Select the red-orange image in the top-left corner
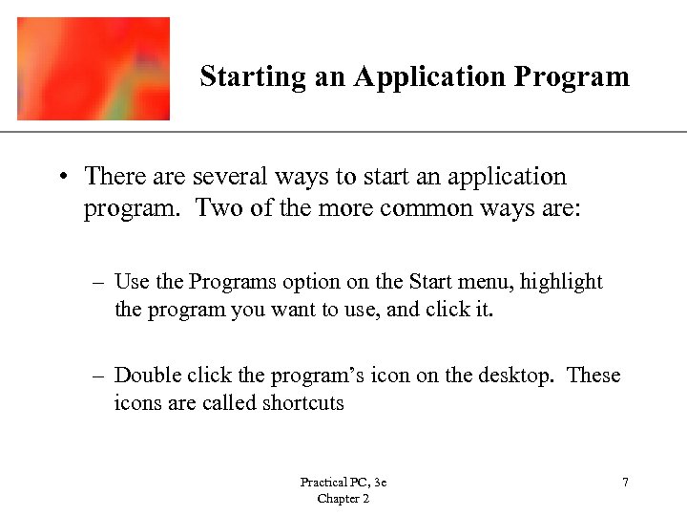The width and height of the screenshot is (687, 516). pyautogui.click(x=94, y=69)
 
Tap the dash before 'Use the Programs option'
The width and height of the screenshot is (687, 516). pyautogui.click(x=98, y=283)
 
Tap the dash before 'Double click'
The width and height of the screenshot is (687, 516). pyautogui.click(x=98, y=376)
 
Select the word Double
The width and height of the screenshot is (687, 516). pyautogui.click(x=146, y=376)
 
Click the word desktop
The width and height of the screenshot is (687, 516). pyautogui.click(x=515, y=376)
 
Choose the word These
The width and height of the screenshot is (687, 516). pyautogui.click(x=593, y=376)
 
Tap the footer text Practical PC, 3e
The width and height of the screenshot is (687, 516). pyautogui.click(x=343, y=484)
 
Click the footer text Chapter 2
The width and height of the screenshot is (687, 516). pyautogui.click(x=343, y=499)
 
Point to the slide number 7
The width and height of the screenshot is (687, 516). pyautogui.click(x=625, y=484)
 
